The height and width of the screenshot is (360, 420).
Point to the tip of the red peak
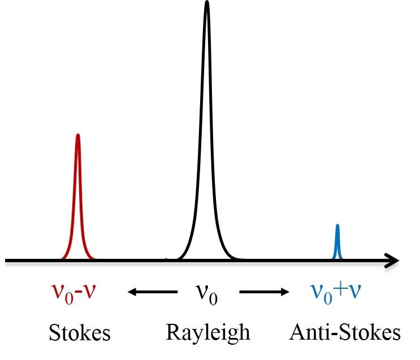78,135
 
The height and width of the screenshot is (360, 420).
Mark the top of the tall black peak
207,3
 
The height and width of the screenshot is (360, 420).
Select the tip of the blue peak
337,225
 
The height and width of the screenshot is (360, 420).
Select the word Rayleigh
207,332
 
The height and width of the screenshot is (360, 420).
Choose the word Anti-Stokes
345,332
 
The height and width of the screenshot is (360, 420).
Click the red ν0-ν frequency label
76,292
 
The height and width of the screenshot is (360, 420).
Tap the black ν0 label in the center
207,293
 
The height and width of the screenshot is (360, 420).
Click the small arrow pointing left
151,292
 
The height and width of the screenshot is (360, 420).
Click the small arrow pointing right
263,292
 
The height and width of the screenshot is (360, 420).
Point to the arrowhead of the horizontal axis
393,261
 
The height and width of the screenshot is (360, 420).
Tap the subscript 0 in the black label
213,298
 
